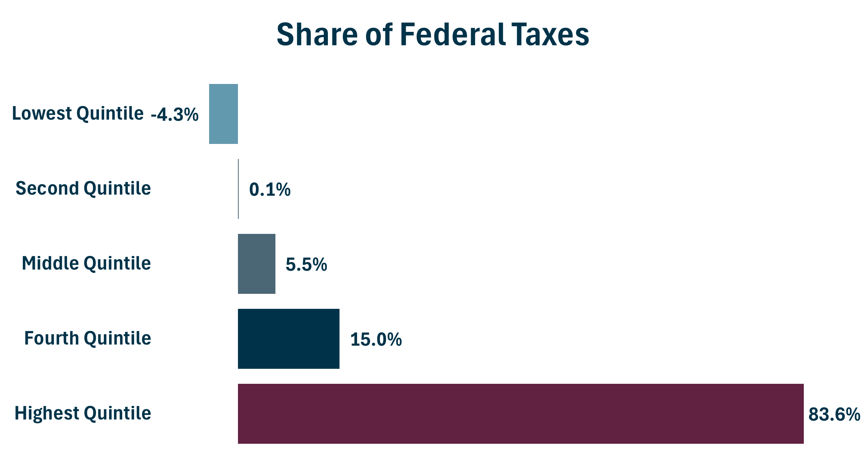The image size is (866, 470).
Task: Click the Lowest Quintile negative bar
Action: pyautogui.click(x=223, y=114)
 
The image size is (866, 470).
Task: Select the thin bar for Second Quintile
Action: pyautogui.click(x=238, y=189)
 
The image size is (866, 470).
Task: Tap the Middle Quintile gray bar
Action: pyautogui.click(x=257, y=264)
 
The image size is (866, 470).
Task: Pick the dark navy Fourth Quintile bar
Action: pyautogui.click(x=289, y=339)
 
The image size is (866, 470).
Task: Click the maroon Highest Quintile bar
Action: pyautogui.click(x=520, y=414)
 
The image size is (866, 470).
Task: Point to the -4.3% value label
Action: pyautogui.click(x=175, y=115)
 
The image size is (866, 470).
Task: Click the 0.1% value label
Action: pyautogui.click(x=270, y=190)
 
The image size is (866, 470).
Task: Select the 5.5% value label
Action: pyautogui.click(x=306, y=265)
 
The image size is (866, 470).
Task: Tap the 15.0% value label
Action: pyautogui.click(x=376, y=340)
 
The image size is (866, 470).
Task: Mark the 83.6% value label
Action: pyautogui.click(x=834, y=415)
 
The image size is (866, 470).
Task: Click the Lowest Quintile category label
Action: pyautogui.click(x=78, y=114)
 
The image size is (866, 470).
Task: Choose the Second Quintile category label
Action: pyautogui.click(x=83, y=189)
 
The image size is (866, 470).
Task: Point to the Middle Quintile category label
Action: pyautogui.click(x=86, y=263)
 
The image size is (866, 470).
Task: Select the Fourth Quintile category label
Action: pyautogui.click(x=88, y=338)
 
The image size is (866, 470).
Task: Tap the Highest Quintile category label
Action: pyautogui.click(x=83, y=413)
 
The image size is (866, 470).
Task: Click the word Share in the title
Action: pyautogui.click(x=317, y=34)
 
